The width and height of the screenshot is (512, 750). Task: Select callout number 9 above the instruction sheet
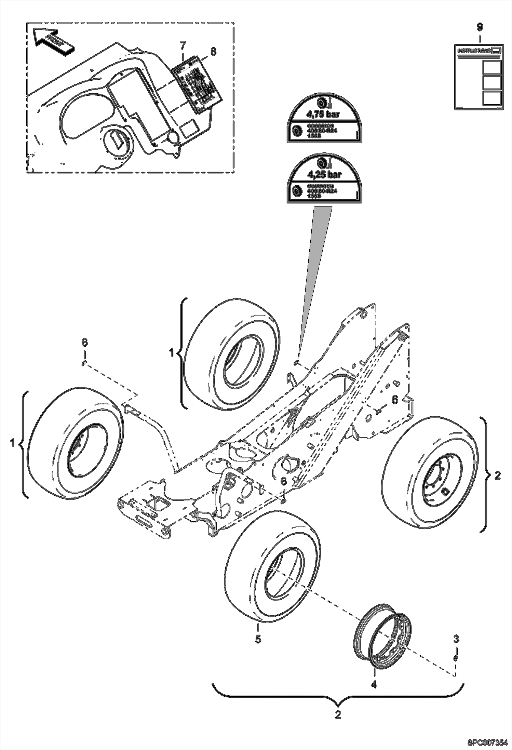coord(480,26)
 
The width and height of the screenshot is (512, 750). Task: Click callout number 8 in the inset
coord(213,52)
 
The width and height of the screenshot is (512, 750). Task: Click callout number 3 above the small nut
coord(456,639)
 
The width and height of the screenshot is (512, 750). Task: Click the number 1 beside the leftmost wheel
coord(13,443)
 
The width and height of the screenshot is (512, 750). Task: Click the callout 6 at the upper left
coord(84,342)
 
